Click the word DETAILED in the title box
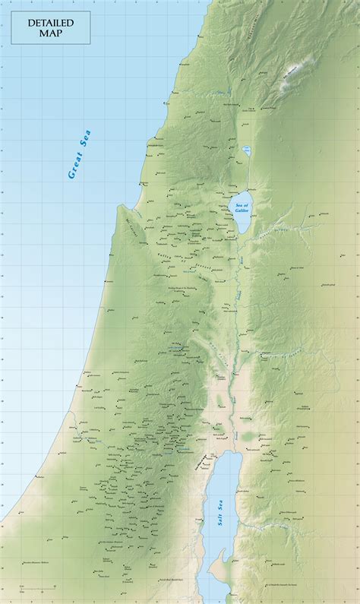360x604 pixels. coord(51,24)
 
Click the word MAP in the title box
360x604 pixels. coord(51,33)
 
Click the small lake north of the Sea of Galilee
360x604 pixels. coord(245,150)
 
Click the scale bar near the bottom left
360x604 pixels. coord(30,587)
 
